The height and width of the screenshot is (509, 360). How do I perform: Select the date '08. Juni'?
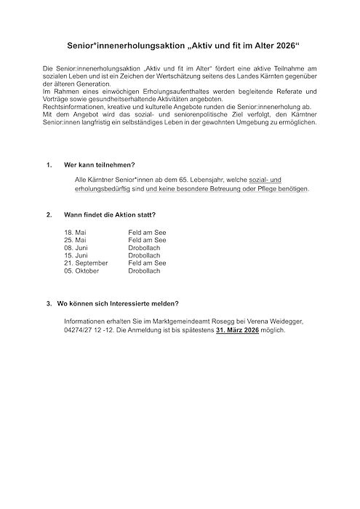click(x=77, y=248)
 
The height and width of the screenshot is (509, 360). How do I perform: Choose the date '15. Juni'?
click(x=77, y=256)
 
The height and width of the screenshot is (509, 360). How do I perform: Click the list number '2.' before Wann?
click(x=48, y=216)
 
